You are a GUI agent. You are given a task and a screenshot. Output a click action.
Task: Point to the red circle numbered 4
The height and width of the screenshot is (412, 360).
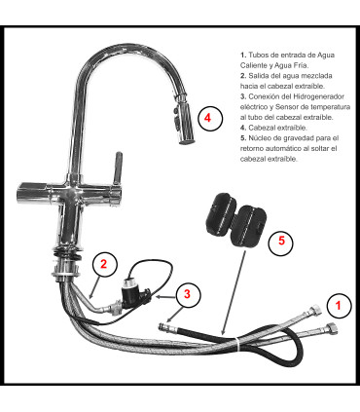pyautogui.click(x=209, y=117)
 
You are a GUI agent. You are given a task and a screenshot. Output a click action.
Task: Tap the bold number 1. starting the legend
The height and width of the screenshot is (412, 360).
pyautogui.click(x=242, y=55)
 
